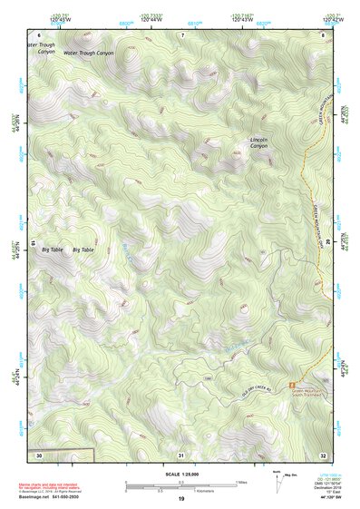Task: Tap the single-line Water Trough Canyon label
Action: coord(89,53)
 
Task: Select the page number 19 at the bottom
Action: coord(180,499)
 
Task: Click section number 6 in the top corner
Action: coord(40,34)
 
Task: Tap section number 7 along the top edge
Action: coord(182,34)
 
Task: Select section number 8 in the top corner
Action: coord(323,34)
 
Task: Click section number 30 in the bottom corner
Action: coord(39,453)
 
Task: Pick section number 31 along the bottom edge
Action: coord(181,454)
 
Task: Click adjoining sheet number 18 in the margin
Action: coord(33,243)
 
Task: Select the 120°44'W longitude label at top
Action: coord(141,17)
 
